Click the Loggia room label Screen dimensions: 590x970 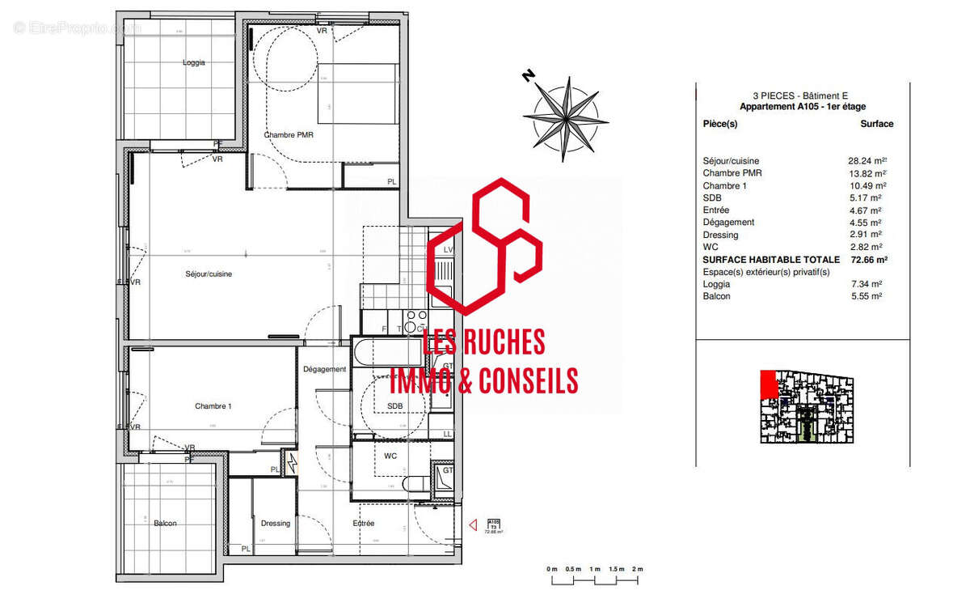coord(194,62)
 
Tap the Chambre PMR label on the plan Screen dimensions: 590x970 coord(289,135)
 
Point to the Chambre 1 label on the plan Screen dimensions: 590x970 coord(213,406)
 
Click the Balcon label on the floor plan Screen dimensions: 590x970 coord(165,524)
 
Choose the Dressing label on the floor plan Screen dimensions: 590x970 coord(275,524)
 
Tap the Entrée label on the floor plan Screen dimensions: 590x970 coord(364,524)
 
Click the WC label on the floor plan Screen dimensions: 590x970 coord(390,456)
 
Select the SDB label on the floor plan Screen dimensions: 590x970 coord(395,406)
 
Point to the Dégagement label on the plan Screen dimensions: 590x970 coord(324,369)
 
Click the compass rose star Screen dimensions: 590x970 coord(565,115)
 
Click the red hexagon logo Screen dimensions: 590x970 coord(483,247)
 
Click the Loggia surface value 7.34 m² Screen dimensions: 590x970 coord(866,284)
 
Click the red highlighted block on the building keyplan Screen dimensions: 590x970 coord(769,384)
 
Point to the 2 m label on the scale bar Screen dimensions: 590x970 coord(637,570)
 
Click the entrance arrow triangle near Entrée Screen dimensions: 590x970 coord(473,526)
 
